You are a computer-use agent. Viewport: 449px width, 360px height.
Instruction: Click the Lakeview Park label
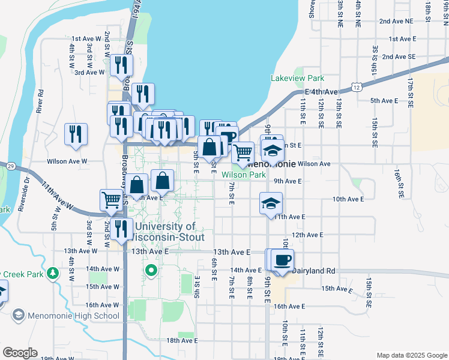pos(297,78)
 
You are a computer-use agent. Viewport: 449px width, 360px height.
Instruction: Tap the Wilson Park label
pos(244,175)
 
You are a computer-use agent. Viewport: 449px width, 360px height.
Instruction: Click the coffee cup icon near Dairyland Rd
pos(282,260)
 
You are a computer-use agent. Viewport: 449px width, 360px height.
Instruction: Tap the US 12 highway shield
pos(357,87)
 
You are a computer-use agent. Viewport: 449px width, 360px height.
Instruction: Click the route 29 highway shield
pos(10,166)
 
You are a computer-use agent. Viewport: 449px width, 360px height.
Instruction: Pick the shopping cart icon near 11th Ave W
pos(112,200)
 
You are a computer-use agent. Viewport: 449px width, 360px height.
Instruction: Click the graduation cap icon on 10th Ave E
pos(271,203)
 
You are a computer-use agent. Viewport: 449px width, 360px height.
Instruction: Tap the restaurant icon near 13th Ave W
pos(122,229)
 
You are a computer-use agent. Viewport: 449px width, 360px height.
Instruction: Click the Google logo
pos(20,353)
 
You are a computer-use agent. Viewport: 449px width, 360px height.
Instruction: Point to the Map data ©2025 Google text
pos(411,355)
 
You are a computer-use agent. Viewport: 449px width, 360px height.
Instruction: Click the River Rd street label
pos(41,101)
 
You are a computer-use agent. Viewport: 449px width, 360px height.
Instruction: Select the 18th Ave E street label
pos(182,340)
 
